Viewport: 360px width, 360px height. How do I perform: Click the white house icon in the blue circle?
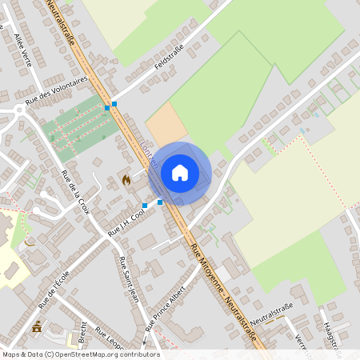click(x=180, y=173)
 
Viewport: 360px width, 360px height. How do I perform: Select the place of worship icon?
click(x=36, y=326)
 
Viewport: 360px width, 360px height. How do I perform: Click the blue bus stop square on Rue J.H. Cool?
click(x=145, y=206)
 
